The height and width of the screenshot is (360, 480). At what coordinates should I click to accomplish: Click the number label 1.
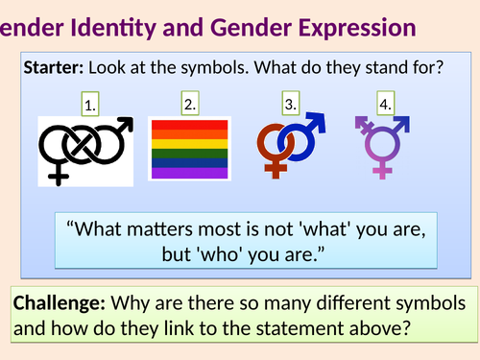[x=90, y=108]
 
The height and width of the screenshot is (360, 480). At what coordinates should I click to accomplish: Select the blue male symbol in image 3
[x=304, y=140]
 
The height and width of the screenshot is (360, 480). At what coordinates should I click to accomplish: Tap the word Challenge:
[x=60, y=303]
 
